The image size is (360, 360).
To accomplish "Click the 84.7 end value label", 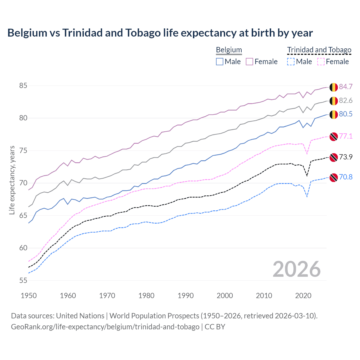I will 346,87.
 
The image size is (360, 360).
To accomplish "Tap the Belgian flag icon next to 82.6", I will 334,101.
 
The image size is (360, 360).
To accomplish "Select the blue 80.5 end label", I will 346,114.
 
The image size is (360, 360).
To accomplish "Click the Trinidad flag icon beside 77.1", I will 334,136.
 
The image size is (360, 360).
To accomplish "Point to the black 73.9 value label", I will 346,157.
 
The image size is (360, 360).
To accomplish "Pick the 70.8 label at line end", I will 346,177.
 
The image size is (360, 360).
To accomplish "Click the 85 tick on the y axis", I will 23,85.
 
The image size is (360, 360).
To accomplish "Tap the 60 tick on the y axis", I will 23,248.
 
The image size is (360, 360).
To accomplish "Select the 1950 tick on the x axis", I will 29,296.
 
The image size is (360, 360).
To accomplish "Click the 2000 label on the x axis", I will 225,296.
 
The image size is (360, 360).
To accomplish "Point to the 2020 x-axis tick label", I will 303,296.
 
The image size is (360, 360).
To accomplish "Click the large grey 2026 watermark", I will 296,269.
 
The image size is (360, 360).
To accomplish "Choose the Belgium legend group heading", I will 229,50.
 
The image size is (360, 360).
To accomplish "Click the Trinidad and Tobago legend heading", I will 319,50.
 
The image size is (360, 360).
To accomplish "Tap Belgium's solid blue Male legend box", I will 220,62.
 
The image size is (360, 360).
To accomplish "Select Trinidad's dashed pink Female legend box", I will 321,62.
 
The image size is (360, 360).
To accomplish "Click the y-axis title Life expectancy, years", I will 12,180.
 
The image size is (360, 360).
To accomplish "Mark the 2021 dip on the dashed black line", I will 307,176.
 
